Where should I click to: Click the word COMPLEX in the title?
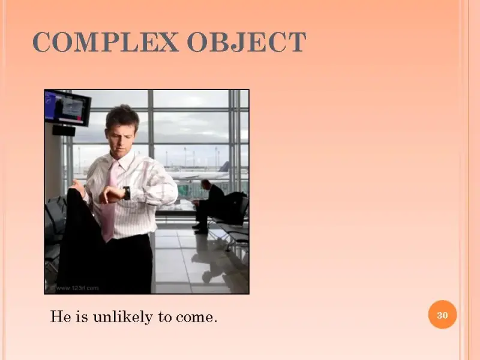point(106,42)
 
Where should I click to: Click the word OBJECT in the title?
point(247,42)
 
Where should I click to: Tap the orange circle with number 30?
point(442,314)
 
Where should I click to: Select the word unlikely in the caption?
point(123,317)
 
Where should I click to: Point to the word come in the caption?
point(196,317)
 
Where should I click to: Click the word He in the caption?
point(61,316)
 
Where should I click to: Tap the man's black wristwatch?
point(127,193)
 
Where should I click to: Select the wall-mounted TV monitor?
point(68,108)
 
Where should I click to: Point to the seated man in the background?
point(209,206)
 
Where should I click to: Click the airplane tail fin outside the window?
point(224,167)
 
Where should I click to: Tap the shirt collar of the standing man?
point(122,161)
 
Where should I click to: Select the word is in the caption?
point(81,316)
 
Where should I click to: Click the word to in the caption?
point(164,317)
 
